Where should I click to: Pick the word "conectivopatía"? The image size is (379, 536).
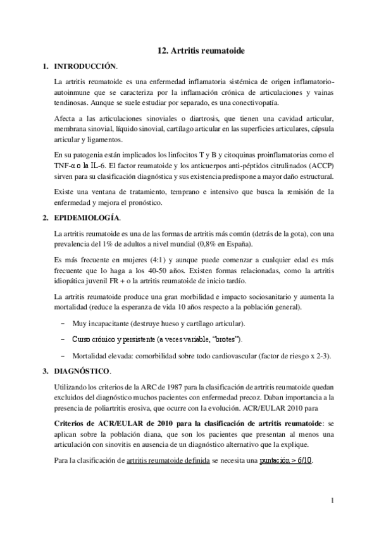(x=259, y=103)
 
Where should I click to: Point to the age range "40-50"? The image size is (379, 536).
(x=154, y=271)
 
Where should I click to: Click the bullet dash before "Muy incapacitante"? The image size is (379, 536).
(x=63, y=323)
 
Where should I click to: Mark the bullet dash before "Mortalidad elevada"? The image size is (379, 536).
(x=63, y=356)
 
